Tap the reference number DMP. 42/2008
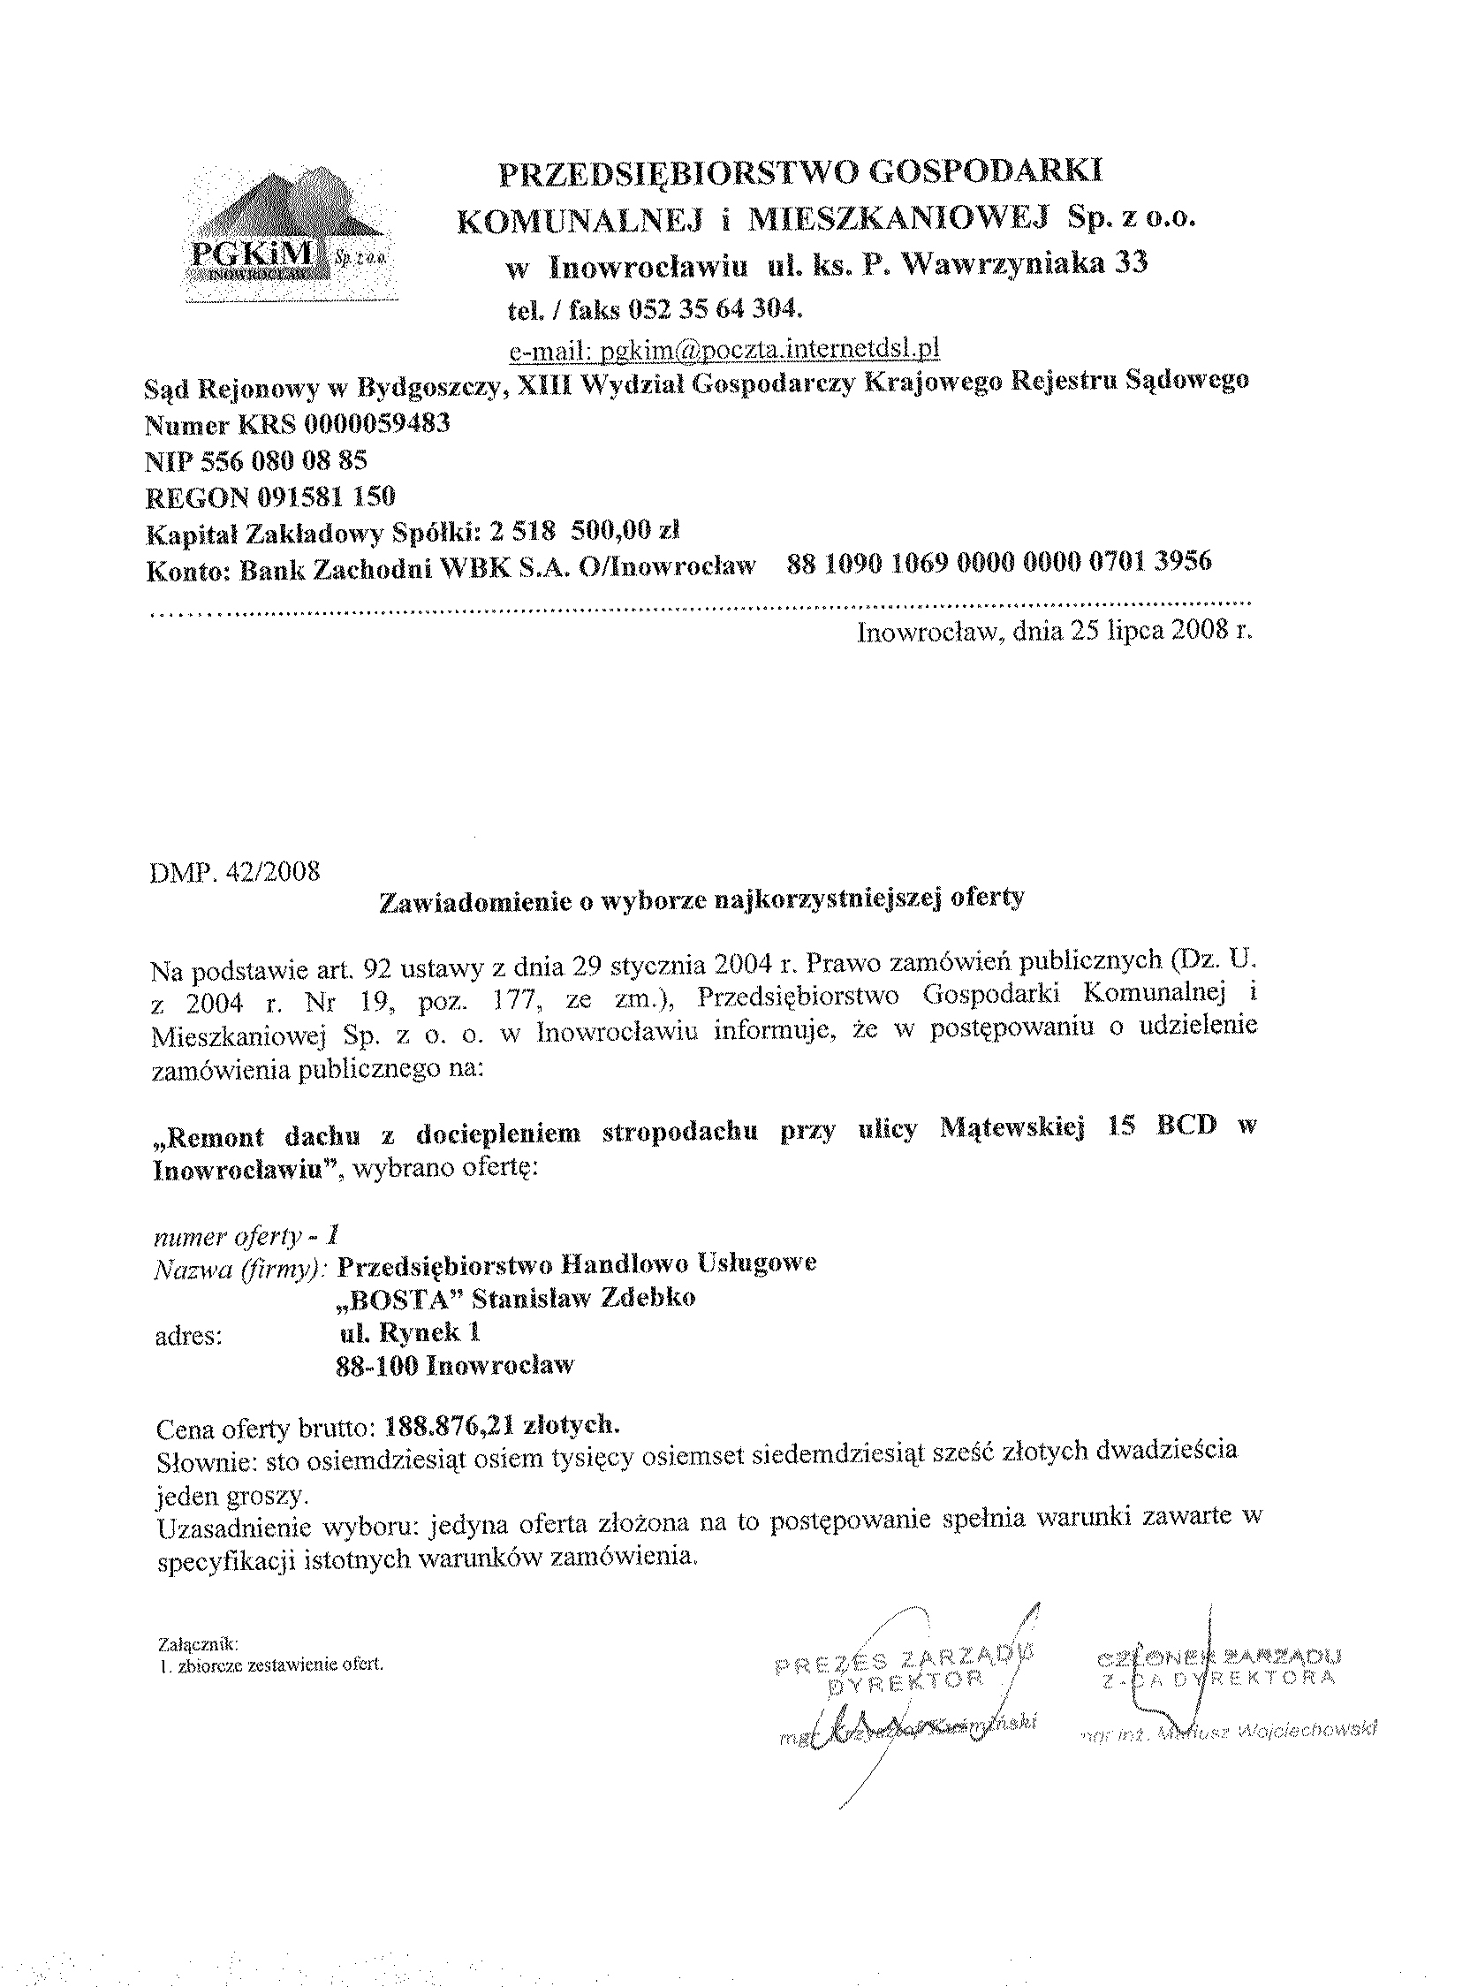[x=237, y=870]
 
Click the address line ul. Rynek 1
[x=411, y=1332]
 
